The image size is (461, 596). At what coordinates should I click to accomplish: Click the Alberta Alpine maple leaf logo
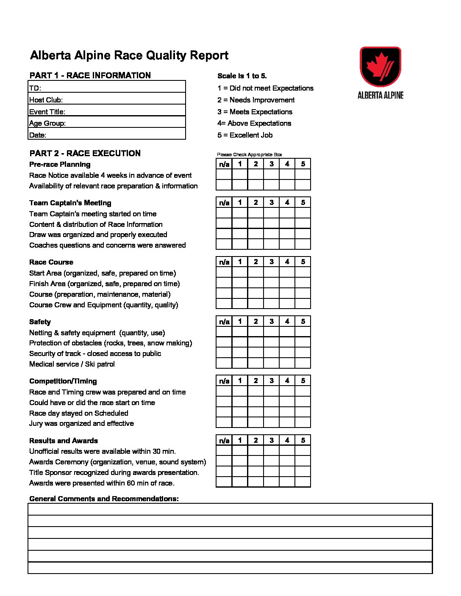380,67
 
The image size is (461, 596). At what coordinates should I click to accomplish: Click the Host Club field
123,100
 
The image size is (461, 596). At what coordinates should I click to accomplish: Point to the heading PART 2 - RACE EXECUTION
85,153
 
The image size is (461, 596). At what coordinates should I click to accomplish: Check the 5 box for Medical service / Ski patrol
303,364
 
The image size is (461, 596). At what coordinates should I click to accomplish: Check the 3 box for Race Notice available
271,174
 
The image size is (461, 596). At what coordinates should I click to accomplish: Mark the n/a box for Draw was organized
224,234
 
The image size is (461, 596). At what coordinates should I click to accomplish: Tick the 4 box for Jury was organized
287,422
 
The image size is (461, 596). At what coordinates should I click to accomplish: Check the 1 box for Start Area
240,272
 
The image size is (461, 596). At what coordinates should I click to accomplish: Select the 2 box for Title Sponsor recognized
255,472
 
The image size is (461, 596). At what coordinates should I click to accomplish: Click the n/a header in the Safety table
224,321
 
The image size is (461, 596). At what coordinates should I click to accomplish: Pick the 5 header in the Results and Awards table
303,440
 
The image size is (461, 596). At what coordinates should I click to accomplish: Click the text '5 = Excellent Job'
245,135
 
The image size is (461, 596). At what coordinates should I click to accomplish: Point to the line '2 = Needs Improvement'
256,100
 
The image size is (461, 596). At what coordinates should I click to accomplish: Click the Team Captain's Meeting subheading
70,203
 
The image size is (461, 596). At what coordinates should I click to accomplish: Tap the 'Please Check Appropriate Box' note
249,155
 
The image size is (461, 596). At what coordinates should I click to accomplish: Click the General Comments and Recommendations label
104,499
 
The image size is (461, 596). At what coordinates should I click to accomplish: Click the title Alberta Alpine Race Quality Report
129,55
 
